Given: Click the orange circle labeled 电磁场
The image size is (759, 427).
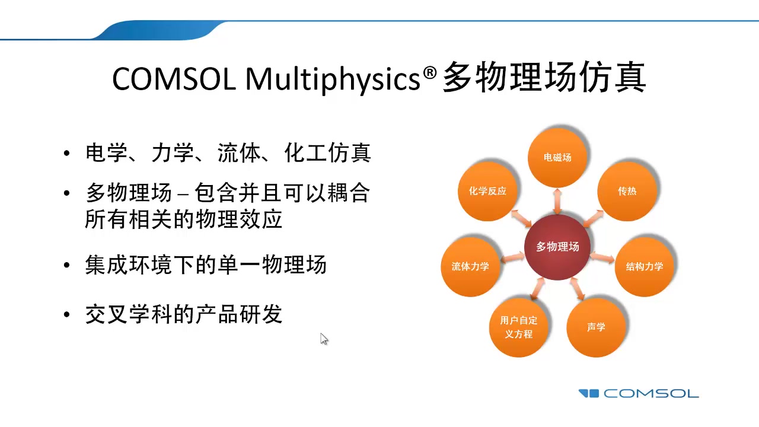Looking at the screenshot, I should [x=557, y=157].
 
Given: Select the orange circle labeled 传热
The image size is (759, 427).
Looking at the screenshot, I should [x=627, y=192].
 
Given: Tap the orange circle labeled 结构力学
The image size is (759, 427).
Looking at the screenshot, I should [x=645, y=266].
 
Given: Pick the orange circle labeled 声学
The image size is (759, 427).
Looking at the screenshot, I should [x=596, y=327].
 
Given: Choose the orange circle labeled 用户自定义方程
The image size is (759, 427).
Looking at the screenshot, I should [x=518, y=327].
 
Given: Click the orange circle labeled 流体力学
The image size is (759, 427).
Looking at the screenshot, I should [x=470, y=266].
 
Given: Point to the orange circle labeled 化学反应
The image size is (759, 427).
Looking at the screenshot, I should [x=487, y=192].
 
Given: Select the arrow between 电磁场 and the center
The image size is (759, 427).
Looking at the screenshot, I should [x=557, y=201].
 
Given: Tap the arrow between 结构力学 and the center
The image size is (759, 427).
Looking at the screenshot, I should [x=602, y=257].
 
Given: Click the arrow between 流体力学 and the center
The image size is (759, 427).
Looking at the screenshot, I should [x=513, y=257].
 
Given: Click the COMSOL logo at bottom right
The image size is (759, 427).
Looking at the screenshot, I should [x=639, y=393].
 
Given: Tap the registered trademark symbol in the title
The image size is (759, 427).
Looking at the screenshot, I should [x=430, y=72].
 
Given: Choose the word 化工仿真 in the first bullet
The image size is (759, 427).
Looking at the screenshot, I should [x=327, y=154].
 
